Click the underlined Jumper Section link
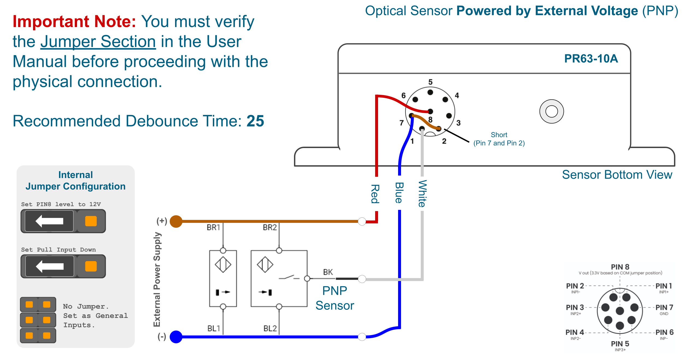98,42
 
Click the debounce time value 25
255,121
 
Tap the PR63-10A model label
591,58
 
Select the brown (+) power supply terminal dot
176,221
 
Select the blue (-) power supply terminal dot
176,337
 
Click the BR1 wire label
213,227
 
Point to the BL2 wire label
270,328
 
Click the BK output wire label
328,272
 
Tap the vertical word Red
375,194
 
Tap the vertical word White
422,194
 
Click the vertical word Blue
399,193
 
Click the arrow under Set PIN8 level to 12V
49,221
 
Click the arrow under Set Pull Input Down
49,266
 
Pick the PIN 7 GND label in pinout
664,309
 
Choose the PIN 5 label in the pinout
620,344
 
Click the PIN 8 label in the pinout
620,267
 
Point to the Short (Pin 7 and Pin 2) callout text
499,139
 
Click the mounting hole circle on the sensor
551,111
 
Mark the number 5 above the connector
430,82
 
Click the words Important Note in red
74,22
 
